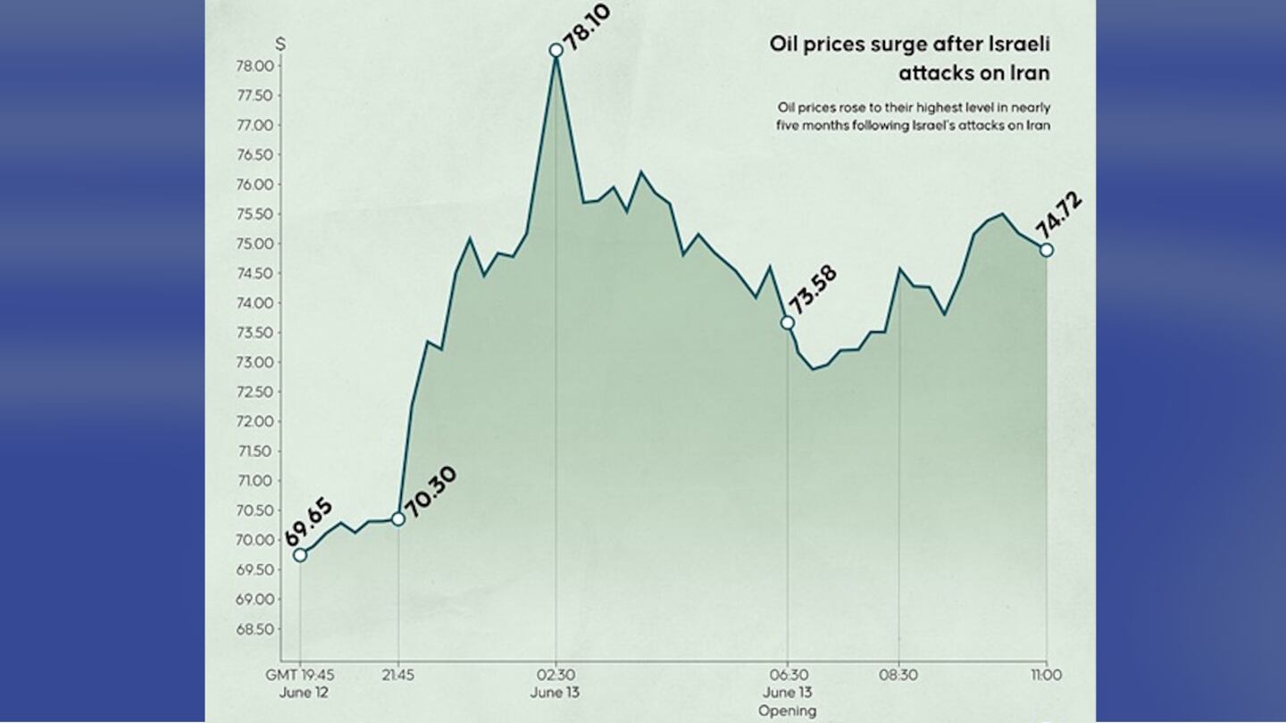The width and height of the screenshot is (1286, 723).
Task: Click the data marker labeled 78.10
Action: click(x=556, y=50)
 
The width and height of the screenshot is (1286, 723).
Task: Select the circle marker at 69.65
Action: click(x=300, y=555)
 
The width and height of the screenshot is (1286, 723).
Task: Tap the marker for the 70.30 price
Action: click(x=398, y=519)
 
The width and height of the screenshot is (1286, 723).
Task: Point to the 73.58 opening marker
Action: click(x=787, y=322)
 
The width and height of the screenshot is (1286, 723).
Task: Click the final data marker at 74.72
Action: click(x=1047, y=250)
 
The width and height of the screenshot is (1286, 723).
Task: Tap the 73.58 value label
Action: click(x=812, y=291)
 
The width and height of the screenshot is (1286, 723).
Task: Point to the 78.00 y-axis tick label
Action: click(x=255, y=66)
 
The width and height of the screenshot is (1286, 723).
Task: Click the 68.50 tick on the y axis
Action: click(x=255, y=628)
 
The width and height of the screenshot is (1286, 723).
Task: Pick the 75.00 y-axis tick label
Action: click(x=255, y=244)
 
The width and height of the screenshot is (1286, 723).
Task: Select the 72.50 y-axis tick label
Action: click(x=255, y=392)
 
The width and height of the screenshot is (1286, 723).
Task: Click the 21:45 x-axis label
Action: click(x=398, y=675)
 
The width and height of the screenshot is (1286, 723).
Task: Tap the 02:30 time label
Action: click(x=556, y=675)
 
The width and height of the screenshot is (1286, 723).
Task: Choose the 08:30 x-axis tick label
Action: click(x=899, y=675)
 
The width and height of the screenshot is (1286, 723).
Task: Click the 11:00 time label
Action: click(x=1046, y=675)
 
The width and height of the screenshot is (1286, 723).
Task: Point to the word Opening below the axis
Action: click(x=787, y=711)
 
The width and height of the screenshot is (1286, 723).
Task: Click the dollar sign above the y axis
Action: click(x=280, y=43)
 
